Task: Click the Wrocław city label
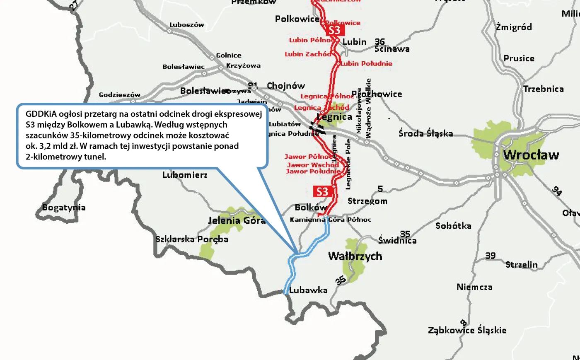(x=531, y=155)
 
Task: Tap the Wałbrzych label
(x=355, y=256)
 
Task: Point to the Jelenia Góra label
(x=237, y=220)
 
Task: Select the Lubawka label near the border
(x=308, y=290)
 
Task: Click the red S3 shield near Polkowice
(x=334, y=30)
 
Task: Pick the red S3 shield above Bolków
(x=322, y=191)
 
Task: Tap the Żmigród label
(x=514, y=27)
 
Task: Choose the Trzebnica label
(x=543, y=89)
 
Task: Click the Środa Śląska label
(x=425, y=133)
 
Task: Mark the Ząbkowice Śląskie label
(x=467, y=330)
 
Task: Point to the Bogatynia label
(x=64, y=208)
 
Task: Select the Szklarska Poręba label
(x=192, y=239)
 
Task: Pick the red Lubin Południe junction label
(x=366, y=63)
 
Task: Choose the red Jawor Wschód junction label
(x=313, y=164)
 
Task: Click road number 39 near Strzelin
(x=491, y=256)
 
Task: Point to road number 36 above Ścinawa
(x=379, y=41)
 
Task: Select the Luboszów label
(x=187, y=25)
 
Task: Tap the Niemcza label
(x=474, y=287)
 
